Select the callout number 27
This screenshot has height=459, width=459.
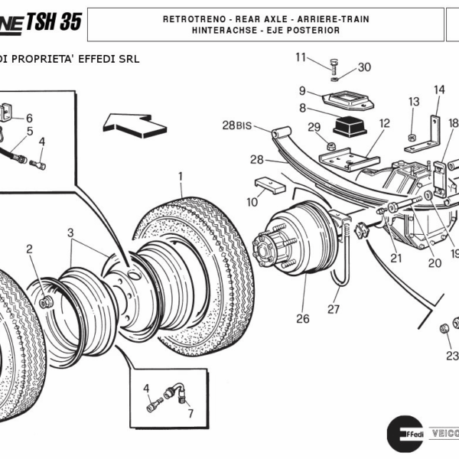click(x=334, y=310)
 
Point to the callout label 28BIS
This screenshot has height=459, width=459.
click(x=237, y=125)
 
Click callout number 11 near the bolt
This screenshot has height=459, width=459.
click(x=301, y=57)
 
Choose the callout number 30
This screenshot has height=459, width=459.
click(x=364, y=67)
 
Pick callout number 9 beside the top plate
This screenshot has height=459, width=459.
click(x=302, y=90)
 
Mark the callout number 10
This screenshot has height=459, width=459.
click(x=252, y=202)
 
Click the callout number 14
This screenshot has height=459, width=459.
click(x=439, y=90)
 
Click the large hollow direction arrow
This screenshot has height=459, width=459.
click(x=128, y=121)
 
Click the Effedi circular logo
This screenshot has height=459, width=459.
click(x=405, y=431)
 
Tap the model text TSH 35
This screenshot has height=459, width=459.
click(x=53, y=21)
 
